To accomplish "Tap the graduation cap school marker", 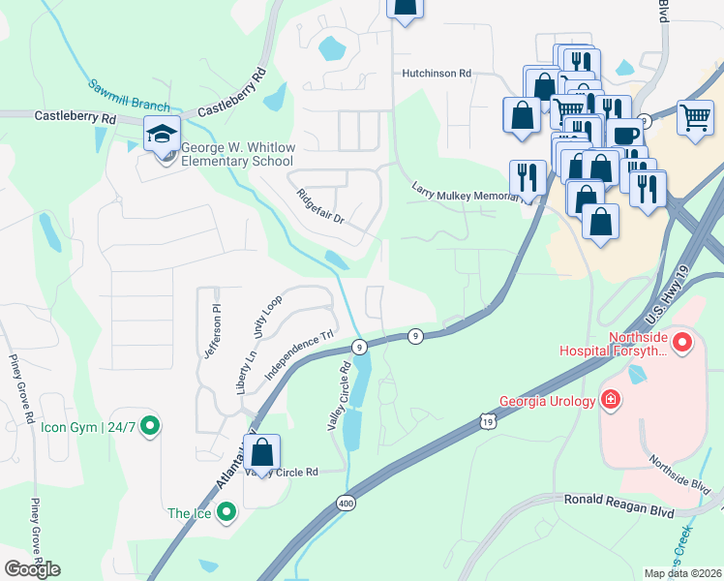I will tap(163, 134).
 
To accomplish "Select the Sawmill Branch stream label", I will tap(131, 97).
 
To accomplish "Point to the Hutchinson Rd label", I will tap(437, 73).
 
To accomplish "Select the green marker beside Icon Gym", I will tap(149, 424).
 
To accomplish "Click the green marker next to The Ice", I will tap(226, 512).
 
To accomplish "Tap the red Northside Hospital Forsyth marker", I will tap(682, 342).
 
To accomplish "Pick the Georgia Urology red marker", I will tap(611, 399).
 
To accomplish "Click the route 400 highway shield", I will tap(346, 503).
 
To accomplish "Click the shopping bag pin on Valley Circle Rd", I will tap(261, 451).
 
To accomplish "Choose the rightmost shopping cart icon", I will tap(696, 117).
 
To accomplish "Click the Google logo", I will tap(32, 569).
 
